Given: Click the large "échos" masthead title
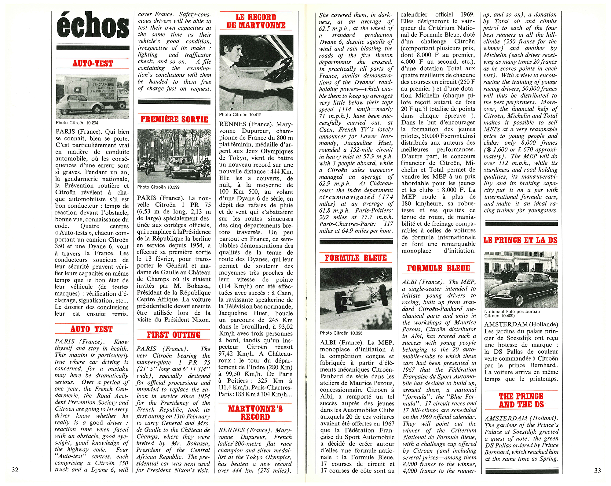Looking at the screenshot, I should pyautogui.click(x=93, y=25).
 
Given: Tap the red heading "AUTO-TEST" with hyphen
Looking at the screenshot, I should pyautogui.click(x=93, y=64).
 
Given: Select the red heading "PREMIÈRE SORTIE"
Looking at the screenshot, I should pyautogui.click(x=174, y=119).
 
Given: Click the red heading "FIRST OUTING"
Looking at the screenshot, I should pyautogui.click(x=174, y=335).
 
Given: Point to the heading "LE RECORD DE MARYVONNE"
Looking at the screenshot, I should pyautogui.click(x=256, y=21).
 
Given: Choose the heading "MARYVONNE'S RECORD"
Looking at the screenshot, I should pyautogui.click(x=255, y=413).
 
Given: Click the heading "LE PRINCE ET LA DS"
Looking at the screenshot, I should pyautogui.click(x=521, y=240).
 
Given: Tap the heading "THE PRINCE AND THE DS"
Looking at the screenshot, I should pyautogui.click(x=521, y=400).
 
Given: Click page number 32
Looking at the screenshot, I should pyautogui.click(x=15, y=470).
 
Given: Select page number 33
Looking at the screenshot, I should pyautogui.click(x=598, y=471).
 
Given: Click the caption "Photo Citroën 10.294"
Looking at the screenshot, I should pyautogui.click(x=77, y=123).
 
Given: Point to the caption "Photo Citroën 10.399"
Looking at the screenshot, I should pyautogui.click(x=158, y=187).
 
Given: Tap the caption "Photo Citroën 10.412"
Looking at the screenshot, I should pyautogui.click(x=240, y=115).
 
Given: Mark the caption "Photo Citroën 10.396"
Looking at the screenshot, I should pyautogui.click(x=341, y=333).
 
